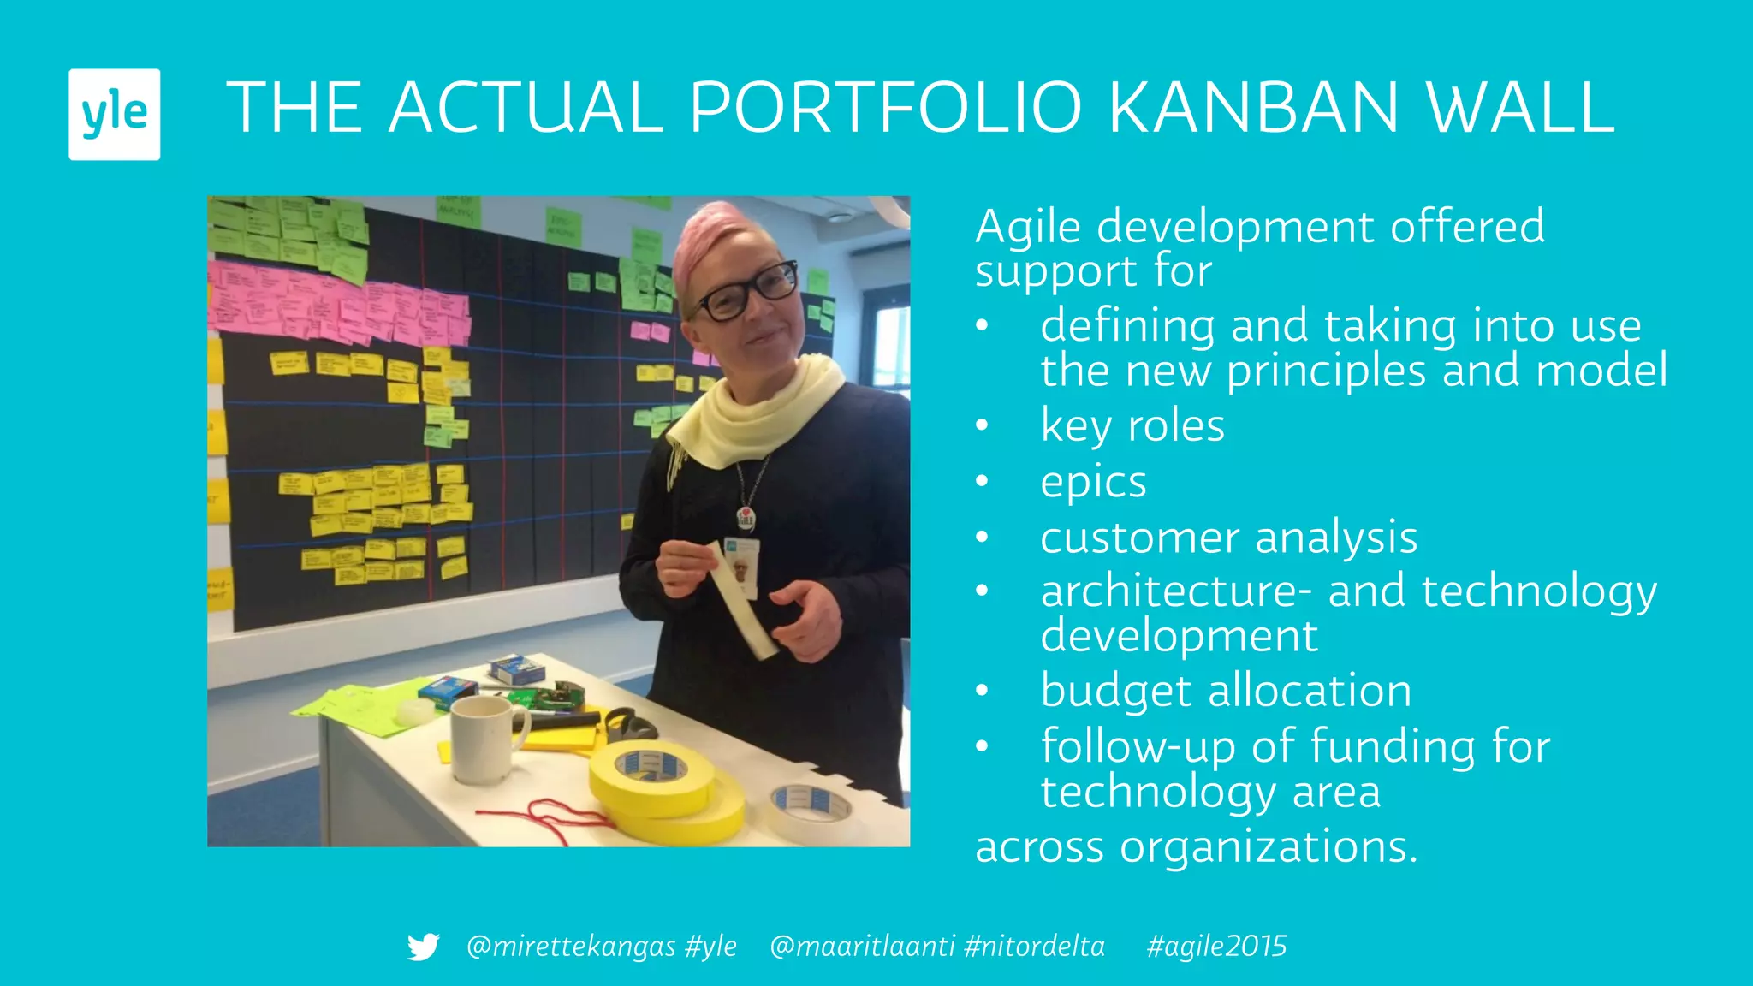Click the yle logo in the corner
[x=114, y=114]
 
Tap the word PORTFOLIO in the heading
[x=886, y=108]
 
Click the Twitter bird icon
[x=423, y=947]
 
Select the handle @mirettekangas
[x=571, y=947]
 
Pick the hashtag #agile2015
[x=1216, y=947]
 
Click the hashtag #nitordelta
[x=1034, y=947]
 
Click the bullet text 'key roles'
[x=1132, y=425]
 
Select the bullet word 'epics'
[x=1093, y=482]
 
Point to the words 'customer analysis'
[x=1228, y=538]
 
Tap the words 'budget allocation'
[x=1226, y=690]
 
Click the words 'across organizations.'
[x=1196, y=846]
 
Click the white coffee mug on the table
[x=484, y=738]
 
